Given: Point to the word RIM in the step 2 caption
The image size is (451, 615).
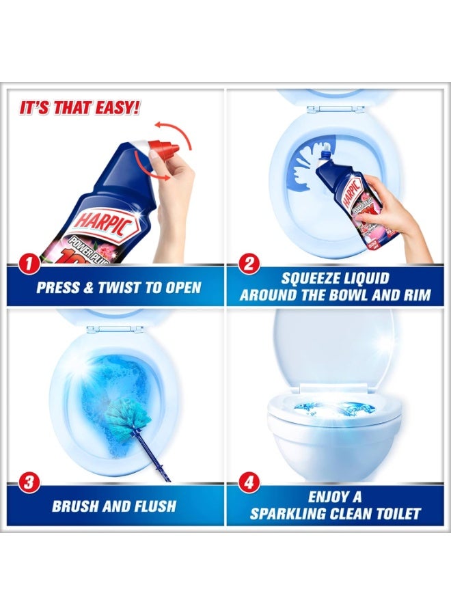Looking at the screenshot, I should point(414,295).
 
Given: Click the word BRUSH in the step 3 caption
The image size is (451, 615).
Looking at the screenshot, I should point(77,506).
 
